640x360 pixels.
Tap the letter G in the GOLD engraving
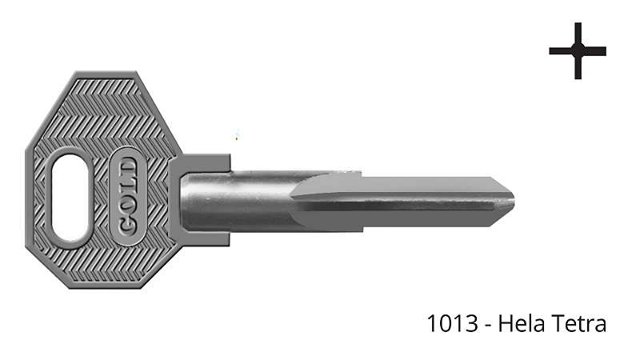pyautogui.click(x=128, y=225)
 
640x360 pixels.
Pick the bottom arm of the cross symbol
pyautogui.click(x=578, y=69)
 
